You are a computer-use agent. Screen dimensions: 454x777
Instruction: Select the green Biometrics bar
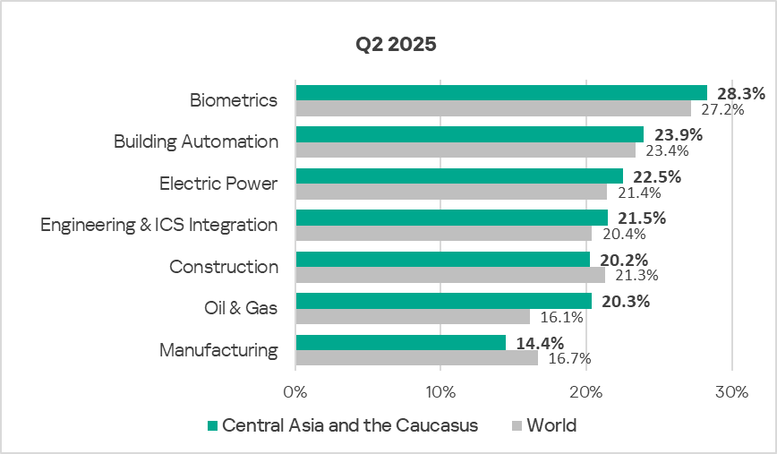point(501,93)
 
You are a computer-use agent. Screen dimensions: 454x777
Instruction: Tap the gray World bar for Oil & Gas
point(413,316)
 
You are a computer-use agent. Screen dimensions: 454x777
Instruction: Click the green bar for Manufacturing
point(400,342)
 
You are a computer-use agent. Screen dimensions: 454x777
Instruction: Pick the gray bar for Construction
point(450,275)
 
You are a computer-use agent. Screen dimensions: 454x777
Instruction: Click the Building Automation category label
point(195,141)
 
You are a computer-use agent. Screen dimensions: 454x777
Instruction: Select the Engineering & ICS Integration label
point(158,225)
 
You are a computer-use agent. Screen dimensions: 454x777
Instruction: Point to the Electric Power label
point(218,184)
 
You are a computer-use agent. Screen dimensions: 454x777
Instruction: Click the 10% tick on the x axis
point(440,392)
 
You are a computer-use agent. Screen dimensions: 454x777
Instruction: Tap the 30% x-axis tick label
point(731,392)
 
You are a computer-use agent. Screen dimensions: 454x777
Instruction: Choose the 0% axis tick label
point(295,392)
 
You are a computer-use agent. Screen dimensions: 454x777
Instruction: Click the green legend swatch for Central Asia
point(212,425)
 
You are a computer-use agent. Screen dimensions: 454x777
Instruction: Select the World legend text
point(551,425)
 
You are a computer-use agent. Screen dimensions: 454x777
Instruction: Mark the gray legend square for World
point(517,425)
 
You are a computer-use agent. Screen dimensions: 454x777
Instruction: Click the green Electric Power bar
point(459,176)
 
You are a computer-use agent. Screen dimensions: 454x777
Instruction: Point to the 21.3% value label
point(630,275)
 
